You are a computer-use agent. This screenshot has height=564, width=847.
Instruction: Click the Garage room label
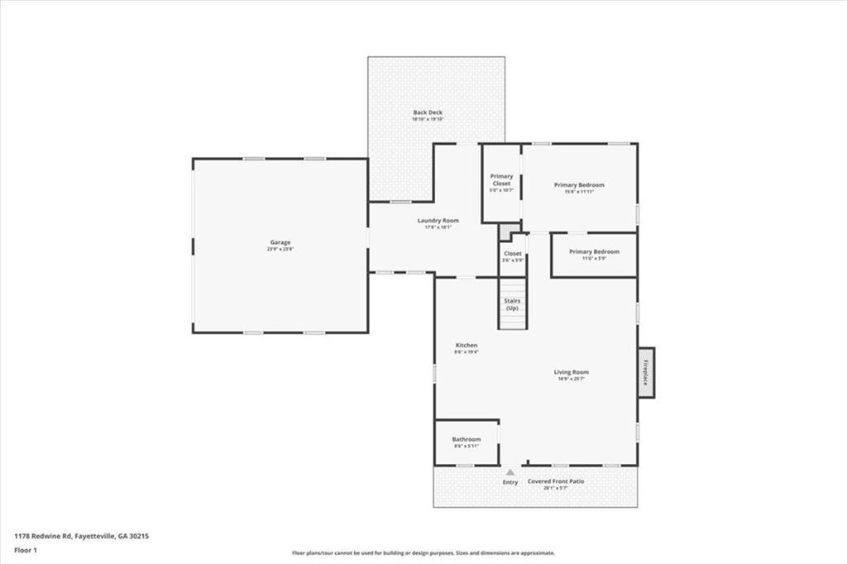click(x=280, y=242)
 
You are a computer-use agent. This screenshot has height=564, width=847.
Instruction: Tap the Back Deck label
click(x=428, y=112)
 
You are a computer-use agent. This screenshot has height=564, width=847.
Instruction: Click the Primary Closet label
click(x=501, y=179)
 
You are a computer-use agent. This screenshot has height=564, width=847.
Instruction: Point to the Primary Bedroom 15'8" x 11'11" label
click(x=579, y=185)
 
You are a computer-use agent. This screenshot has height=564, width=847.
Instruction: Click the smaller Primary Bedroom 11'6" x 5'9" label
click(x=594, y=251)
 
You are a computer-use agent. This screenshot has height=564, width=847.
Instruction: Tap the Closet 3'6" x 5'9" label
click(x=513, y=254)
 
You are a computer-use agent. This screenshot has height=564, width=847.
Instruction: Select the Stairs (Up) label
click(x=512, y=304)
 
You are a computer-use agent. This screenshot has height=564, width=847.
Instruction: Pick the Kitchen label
click(x=467, y=346)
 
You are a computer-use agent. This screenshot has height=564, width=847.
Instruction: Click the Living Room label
click(x=571, y=372)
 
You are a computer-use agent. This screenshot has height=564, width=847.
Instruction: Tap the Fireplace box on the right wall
click(x=646, y=372)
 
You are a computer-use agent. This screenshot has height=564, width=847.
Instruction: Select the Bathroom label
click(x=467, y=440)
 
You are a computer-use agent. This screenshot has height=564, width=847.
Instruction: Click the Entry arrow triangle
click(x=510, y=472)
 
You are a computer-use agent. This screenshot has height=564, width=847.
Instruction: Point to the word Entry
click(x=510, y=482)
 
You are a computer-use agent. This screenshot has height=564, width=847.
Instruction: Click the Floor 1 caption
click(x=26, y=549)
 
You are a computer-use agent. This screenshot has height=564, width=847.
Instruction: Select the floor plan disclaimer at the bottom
click(x=423, y=553)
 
